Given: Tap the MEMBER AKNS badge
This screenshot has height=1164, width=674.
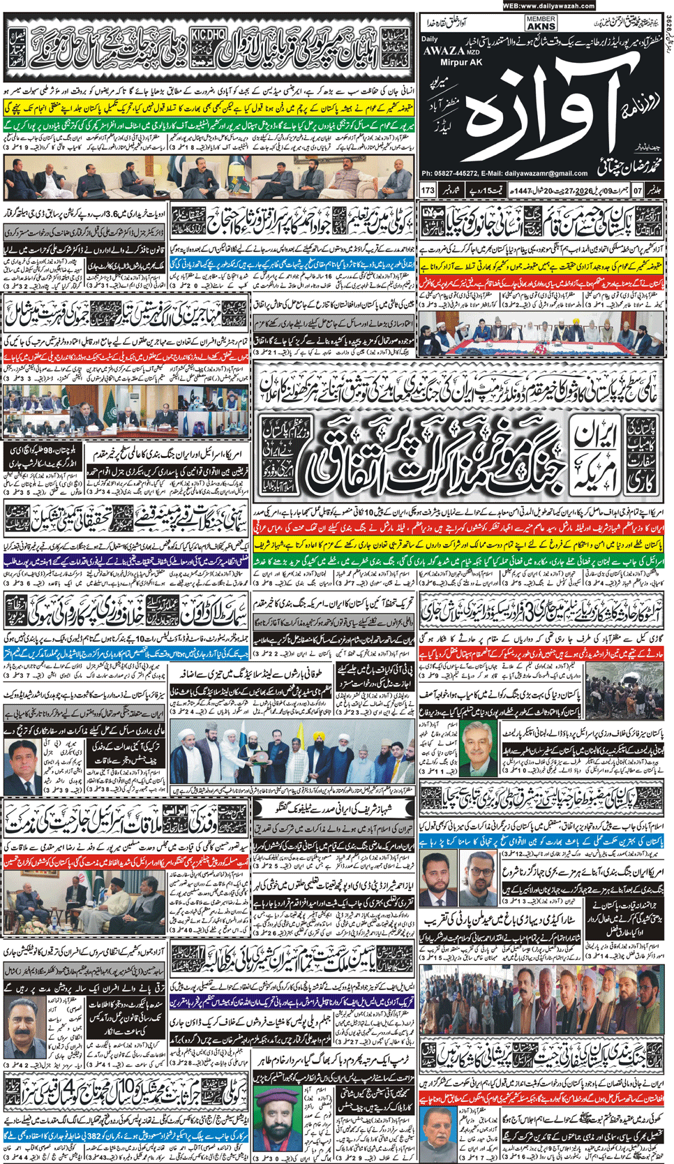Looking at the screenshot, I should (x=541, y=24).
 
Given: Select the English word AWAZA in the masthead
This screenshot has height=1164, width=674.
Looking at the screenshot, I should (x=443, y=50).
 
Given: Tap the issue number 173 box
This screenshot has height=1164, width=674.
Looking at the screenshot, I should (x=428, y=190).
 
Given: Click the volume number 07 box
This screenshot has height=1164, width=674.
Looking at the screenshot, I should (x=638, y=190).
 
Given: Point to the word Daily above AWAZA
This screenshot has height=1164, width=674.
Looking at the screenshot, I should (x=430, y=39).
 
